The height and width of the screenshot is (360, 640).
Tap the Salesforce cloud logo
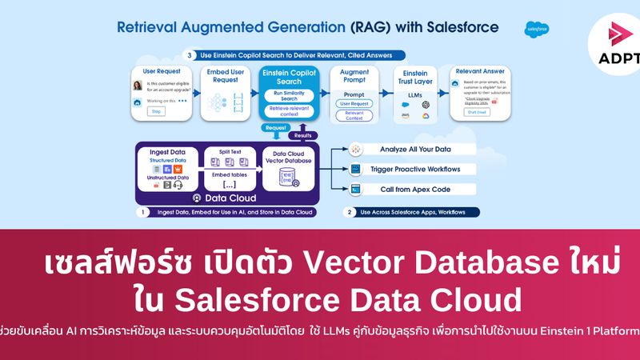537,30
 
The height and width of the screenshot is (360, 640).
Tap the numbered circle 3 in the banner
189,55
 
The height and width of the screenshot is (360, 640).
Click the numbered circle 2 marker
350,212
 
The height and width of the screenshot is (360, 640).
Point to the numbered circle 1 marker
141,212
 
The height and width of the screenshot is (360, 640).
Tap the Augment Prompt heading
354,77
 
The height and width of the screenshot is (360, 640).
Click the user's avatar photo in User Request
138,86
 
